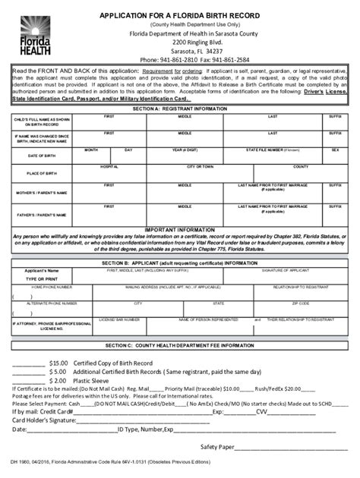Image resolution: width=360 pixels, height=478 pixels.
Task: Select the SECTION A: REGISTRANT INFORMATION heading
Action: tap(180, 109)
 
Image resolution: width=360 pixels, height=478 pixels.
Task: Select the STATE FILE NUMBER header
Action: tap(270, 150)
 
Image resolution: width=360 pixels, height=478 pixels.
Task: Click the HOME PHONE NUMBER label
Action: tap(52, 288)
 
